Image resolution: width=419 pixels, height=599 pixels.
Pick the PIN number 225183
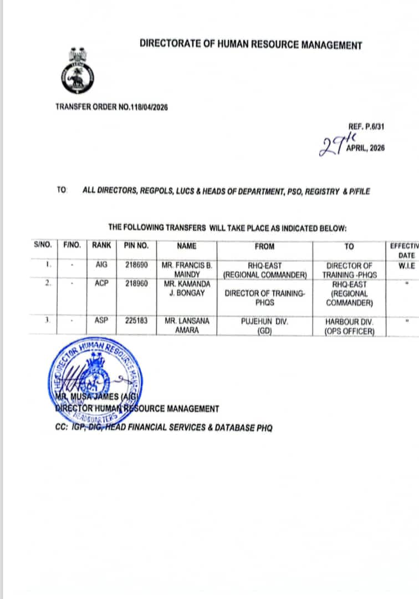click(136, 321)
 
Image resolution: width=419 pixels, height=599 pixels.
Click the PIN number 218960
click(136, 283)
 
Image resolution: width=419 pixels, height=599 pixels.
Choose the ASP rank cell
click(101, 321)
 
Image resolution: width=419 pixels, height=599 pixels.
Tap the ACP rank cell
click(101, 283)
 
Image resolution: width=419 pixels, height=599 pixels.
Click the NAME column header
click(187, 246)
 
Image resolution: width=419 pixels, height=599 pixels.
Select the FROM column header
click(264, 246)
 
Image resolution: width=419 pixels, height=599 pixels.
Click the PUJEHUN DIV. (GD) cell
click(264, 326)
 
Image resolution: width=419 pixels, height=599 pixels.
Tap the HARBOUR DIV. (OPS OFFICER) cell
click(349, 326)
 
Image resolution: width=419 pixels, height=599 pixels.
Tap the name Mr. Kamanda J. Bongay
click(187, 288)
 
